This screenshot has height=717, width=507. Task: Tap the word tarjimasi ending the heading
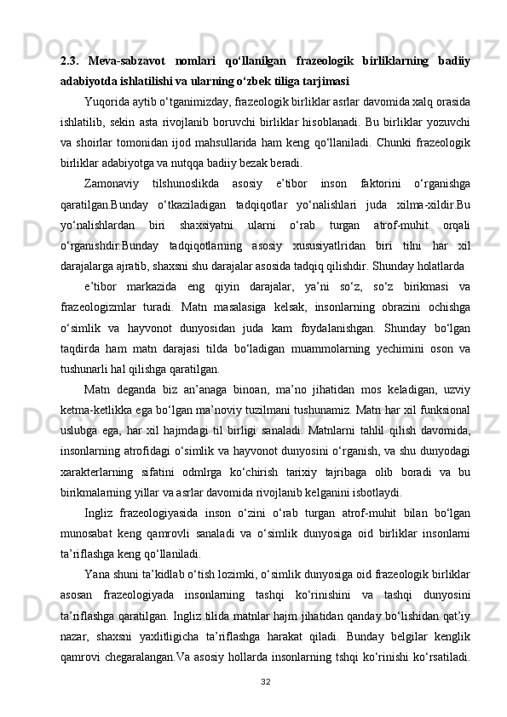pos(321,82)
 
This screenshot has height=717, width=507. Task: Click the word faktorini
pos(372,182)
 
